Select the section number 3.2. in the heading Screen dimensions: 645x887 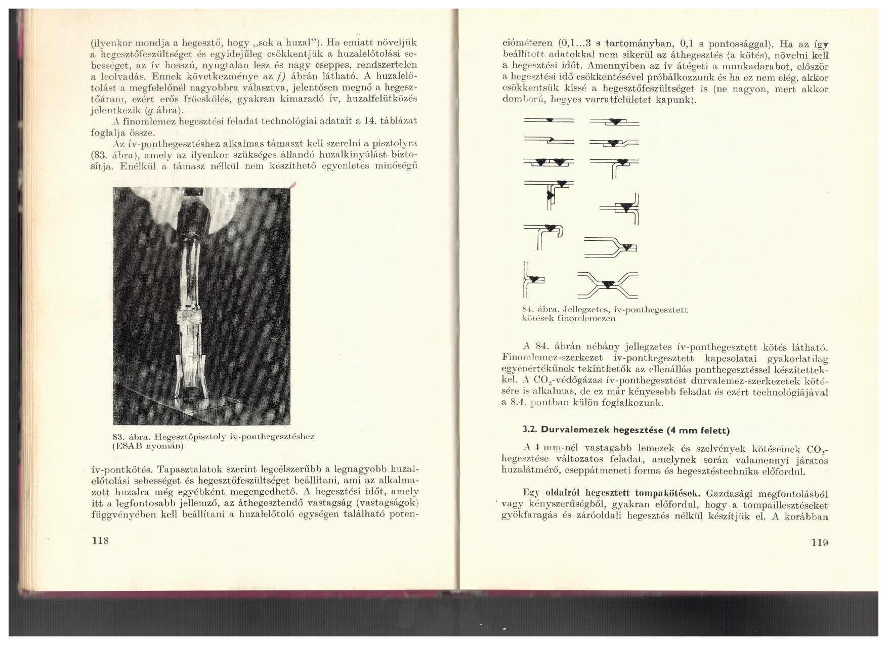click(530, 431)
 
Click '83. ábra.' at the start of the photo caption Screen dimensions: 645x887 click(131, 437)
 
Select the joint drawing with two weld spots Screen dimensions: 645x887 click(548, 162)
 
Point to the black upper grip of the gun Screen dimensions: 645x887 click(194, 212)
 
